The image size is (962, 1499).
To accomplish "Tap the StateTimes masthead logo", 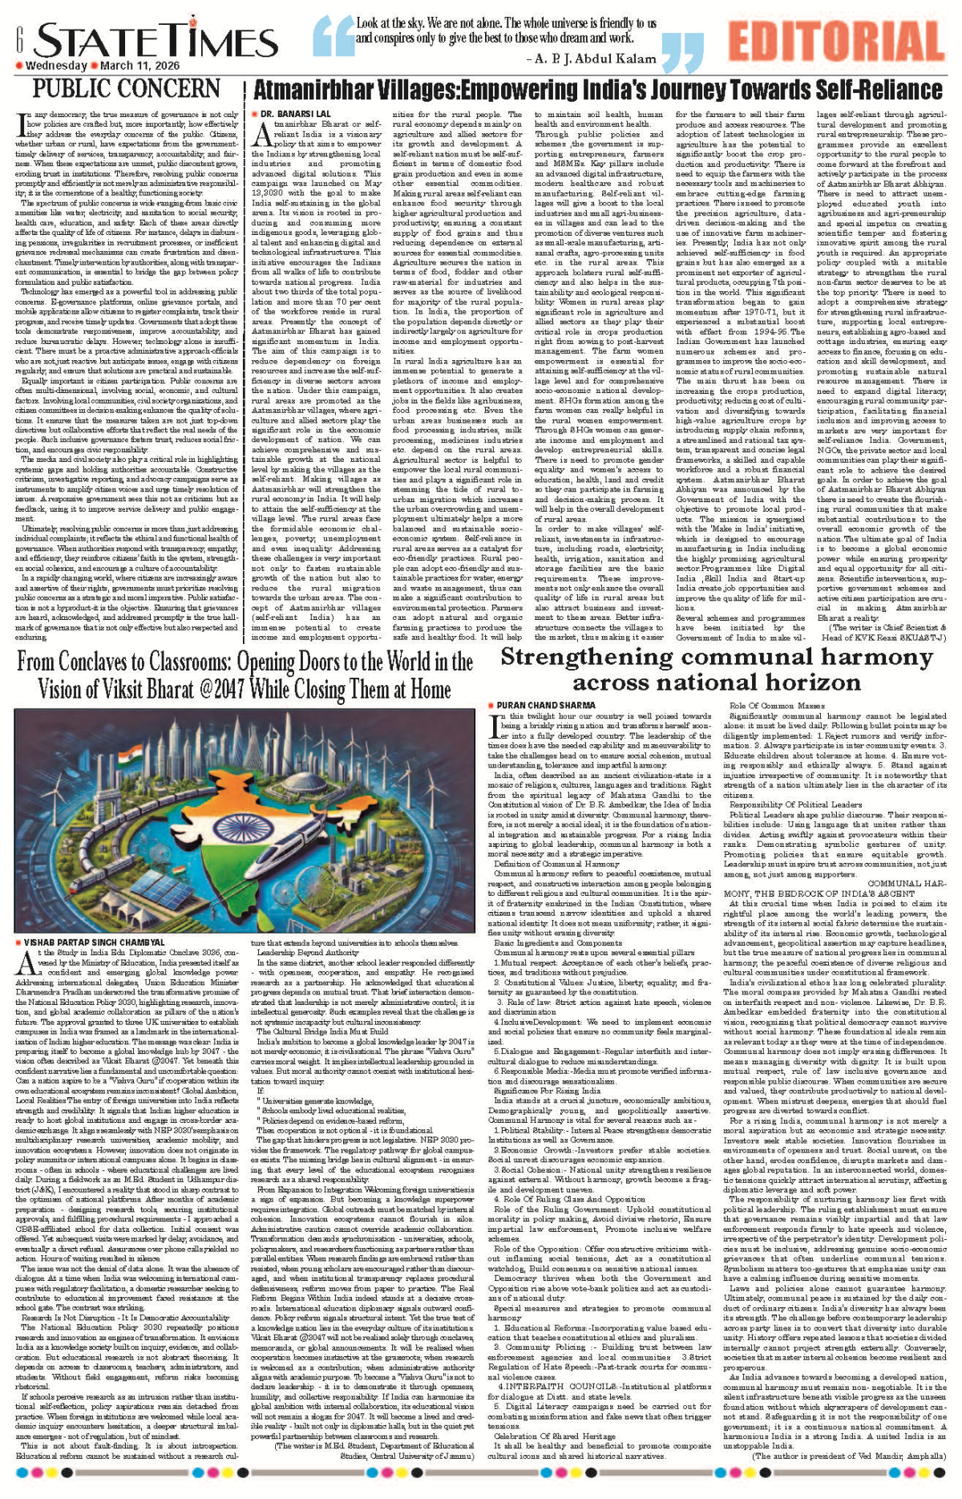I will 156,40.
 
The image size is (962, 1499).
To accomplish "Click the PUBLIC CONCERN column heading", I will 126,88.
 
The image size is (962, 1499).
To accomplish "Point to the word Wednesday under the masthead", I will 56,66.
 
